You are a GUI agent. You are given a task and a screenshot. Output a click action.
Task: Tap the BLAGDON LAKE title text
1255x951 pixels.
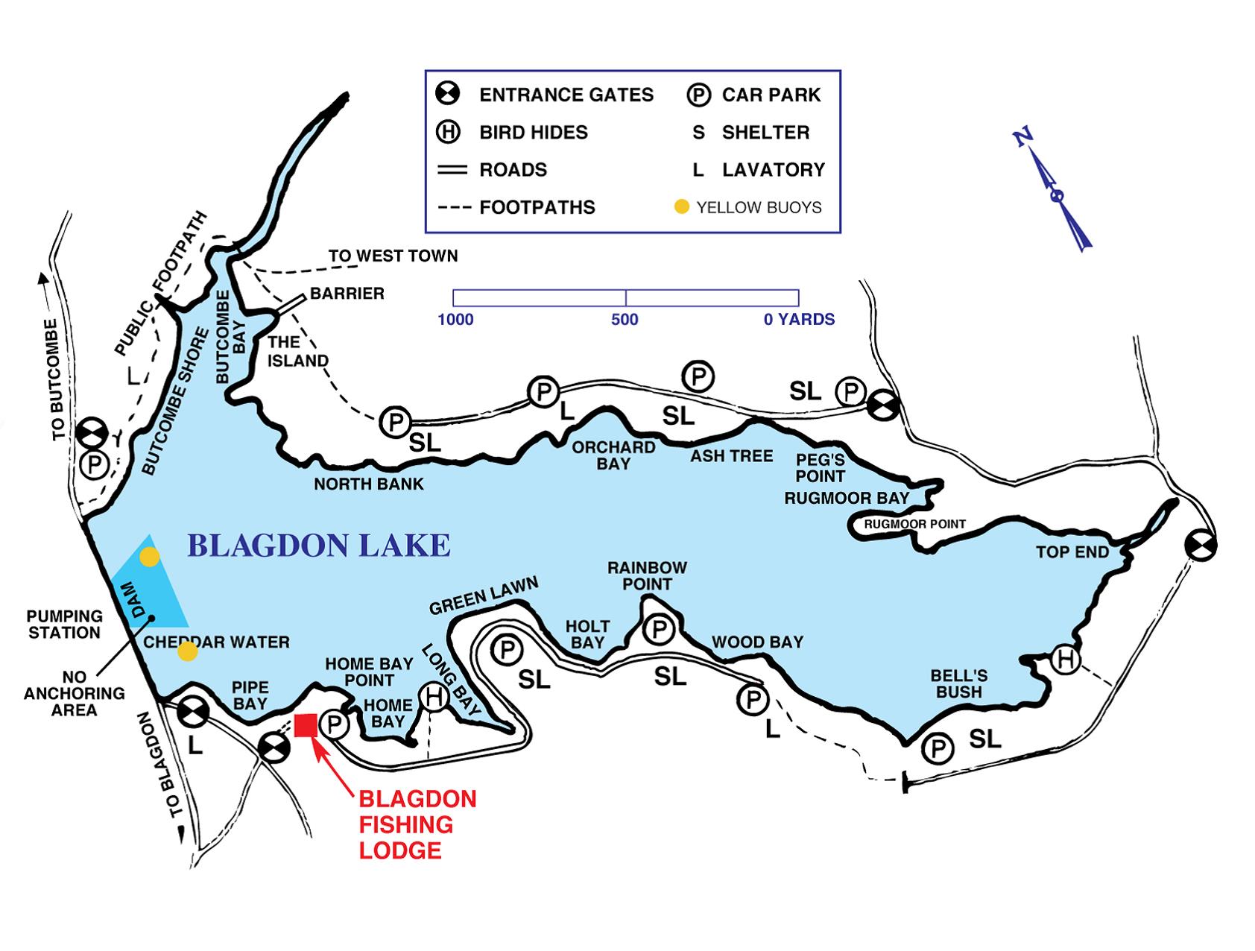(318, 546)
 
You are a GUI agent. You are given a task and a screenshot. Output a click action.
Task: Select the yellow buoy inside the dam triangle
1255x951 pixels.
(150, 557)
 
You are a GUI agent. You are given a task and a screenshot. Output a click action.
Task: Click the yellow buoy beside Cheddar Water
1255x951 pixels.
(188, 652)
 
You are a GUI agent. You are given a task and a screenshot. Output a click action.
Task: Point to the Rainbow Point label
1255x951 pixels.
(647, 576)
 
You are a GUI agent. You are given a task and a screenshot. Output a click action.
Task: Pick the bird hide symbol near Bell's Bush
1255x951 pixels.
(1066, 660)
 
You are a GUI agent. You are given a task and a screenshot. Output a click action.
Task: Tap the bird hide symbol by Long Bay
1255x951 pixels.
(433, 697)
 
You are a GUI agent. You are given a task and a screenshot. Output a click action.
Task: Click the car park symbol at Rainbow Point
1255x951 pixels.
(659, 630)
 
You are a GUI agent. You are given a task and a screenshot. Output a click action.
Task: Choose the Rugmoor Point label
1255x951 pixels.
(914, 524)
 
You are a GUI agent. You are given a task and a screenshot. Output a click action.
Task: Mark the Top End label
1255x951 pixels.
(1072, 552)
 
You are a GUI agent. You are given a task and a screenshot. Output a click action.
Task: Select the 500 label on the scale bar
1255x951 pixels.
(625, 320)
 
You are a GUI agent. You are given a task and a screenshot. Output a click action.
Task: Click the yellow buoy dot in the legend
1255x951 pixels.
(681, 206)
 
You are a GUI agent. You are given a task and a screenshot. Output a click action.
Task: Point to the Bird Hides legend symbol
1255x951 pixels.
(448, 132)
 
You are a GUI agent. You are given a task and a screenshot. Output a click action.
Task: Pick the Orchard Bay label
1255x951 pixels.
(613, 455)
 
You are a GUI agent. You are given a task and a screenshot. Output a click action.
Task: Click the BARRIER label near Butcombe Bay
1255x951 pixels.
(347, 293)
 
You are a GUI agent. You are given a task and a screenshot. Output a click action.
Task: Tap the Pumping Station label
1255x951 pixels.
(65, 625)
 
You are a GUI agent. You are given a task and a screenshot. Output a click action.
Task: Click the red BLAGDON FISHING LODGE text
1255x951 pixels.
(417, 824)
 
